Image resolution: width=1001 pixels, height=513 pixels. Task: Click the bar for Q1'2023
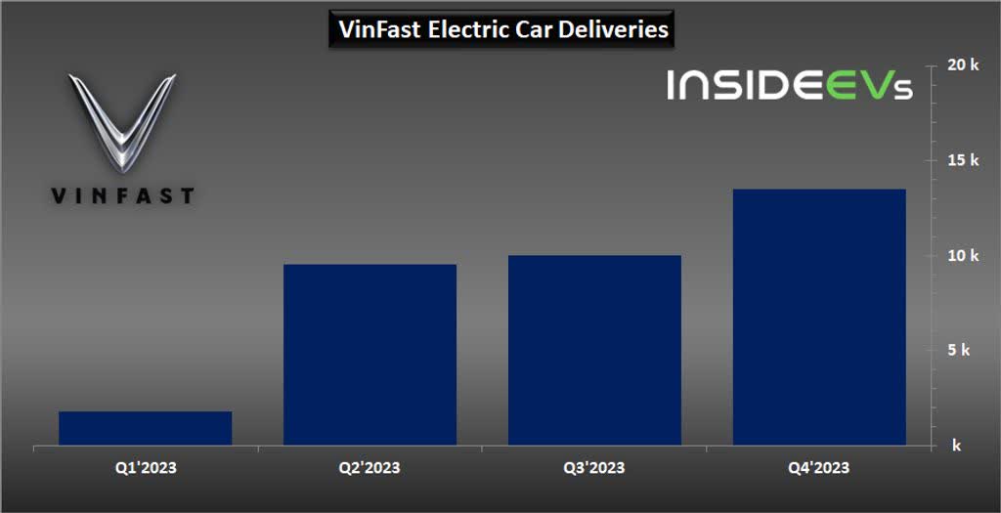point(146,428)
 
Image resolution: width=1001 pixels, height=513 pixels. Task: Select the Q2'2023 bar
point(370,355)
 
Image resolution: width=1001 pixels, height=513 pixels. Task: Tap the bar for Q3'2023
point(594,350)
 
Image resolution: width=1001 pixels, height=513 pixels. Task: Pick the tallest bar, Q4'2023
point(819,317)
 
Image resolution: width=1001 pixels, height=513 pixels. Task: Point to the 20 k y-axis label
point(963,65)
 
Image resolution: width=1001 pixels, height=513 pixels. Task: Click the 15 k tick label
point(963,160)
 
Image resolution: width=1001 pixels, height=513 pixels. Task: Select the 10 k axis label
point(963,255)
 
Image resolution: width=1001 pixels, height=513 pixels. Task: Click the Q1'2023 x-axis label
point(146,468)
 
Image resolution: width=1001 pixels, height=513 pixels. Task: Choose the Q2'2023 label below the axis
point(370,468)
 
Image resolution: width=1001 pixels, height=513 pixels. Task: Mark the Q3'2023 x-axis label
point(594,468)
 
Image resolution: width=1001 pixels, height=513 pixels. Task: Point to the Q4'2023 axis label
point(819,468)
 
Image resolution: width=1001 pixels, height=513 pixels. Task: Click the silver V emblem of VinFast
point(121,121)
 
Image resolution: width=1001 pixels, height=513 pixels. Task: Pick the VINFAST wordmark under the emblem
point(121,196)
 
